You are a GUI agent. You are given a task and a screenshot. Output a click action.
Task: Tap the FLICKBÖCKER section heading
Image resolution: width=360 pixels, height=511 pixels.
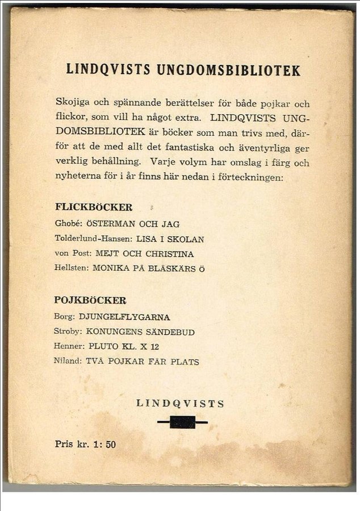(x=94, y=207)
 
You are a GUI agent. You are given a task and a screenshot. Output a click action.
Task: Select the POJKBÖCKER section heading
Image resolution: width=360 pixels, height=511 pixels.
(x=90, y=300)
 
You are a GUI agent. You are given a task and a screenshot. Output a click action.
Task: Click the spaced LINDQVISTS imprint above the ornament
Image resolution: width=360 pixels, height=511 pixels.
(x=181, y=404)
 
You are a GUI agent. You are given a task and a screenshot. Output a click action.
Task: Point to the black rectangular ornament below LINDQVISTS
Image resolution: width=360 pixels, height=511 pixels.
(x=182, y=422)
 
